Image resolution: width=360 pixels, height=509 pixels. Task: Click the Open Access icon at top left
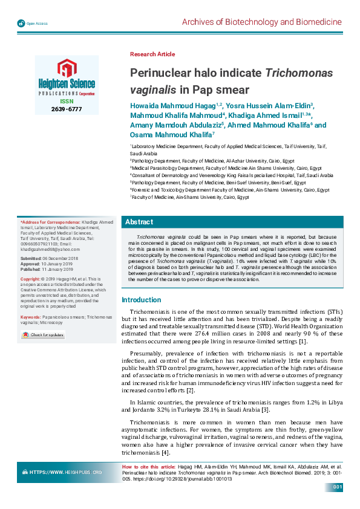point(21,24)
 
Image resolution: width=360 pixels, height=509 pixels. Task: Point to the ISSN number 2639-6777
point(67,109)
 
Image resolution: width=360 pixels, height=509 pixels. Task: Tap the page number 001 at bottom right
point(338,487)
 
